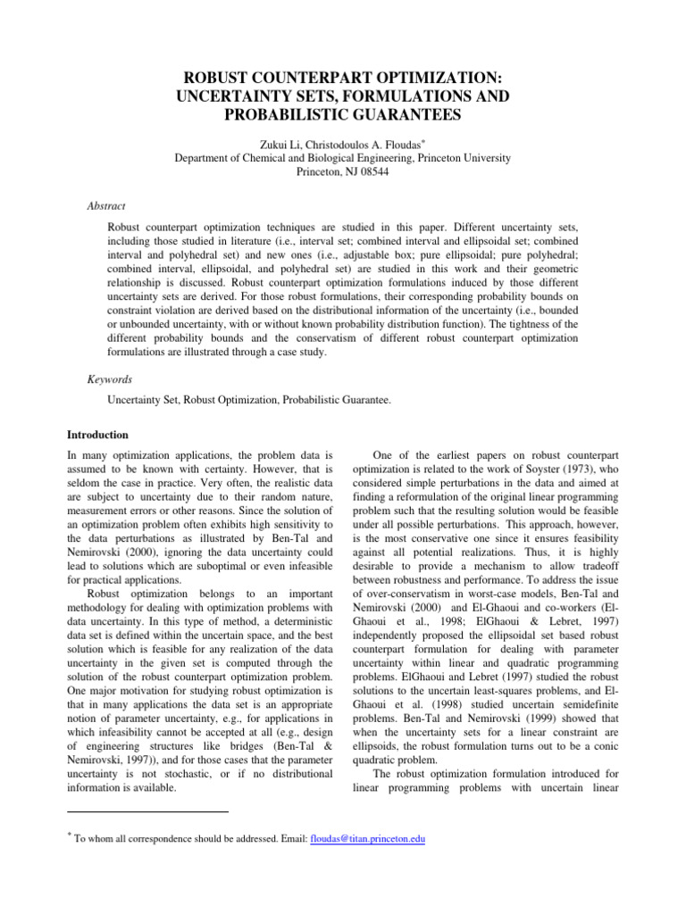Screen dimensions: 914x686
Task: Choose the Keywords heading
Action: [110, 378]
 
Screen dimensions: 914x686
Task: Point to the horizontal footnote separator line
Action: [148, 811]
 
